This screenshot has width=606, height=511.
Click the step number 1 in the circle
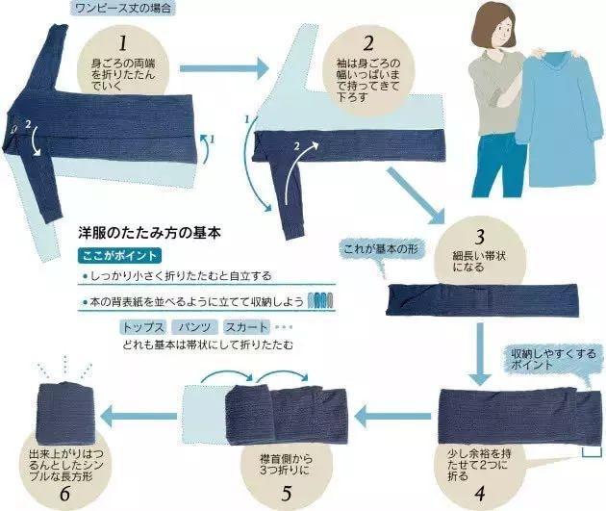click(122, 44)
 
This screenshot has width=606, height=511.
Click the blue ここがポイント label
click(120, 256)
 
